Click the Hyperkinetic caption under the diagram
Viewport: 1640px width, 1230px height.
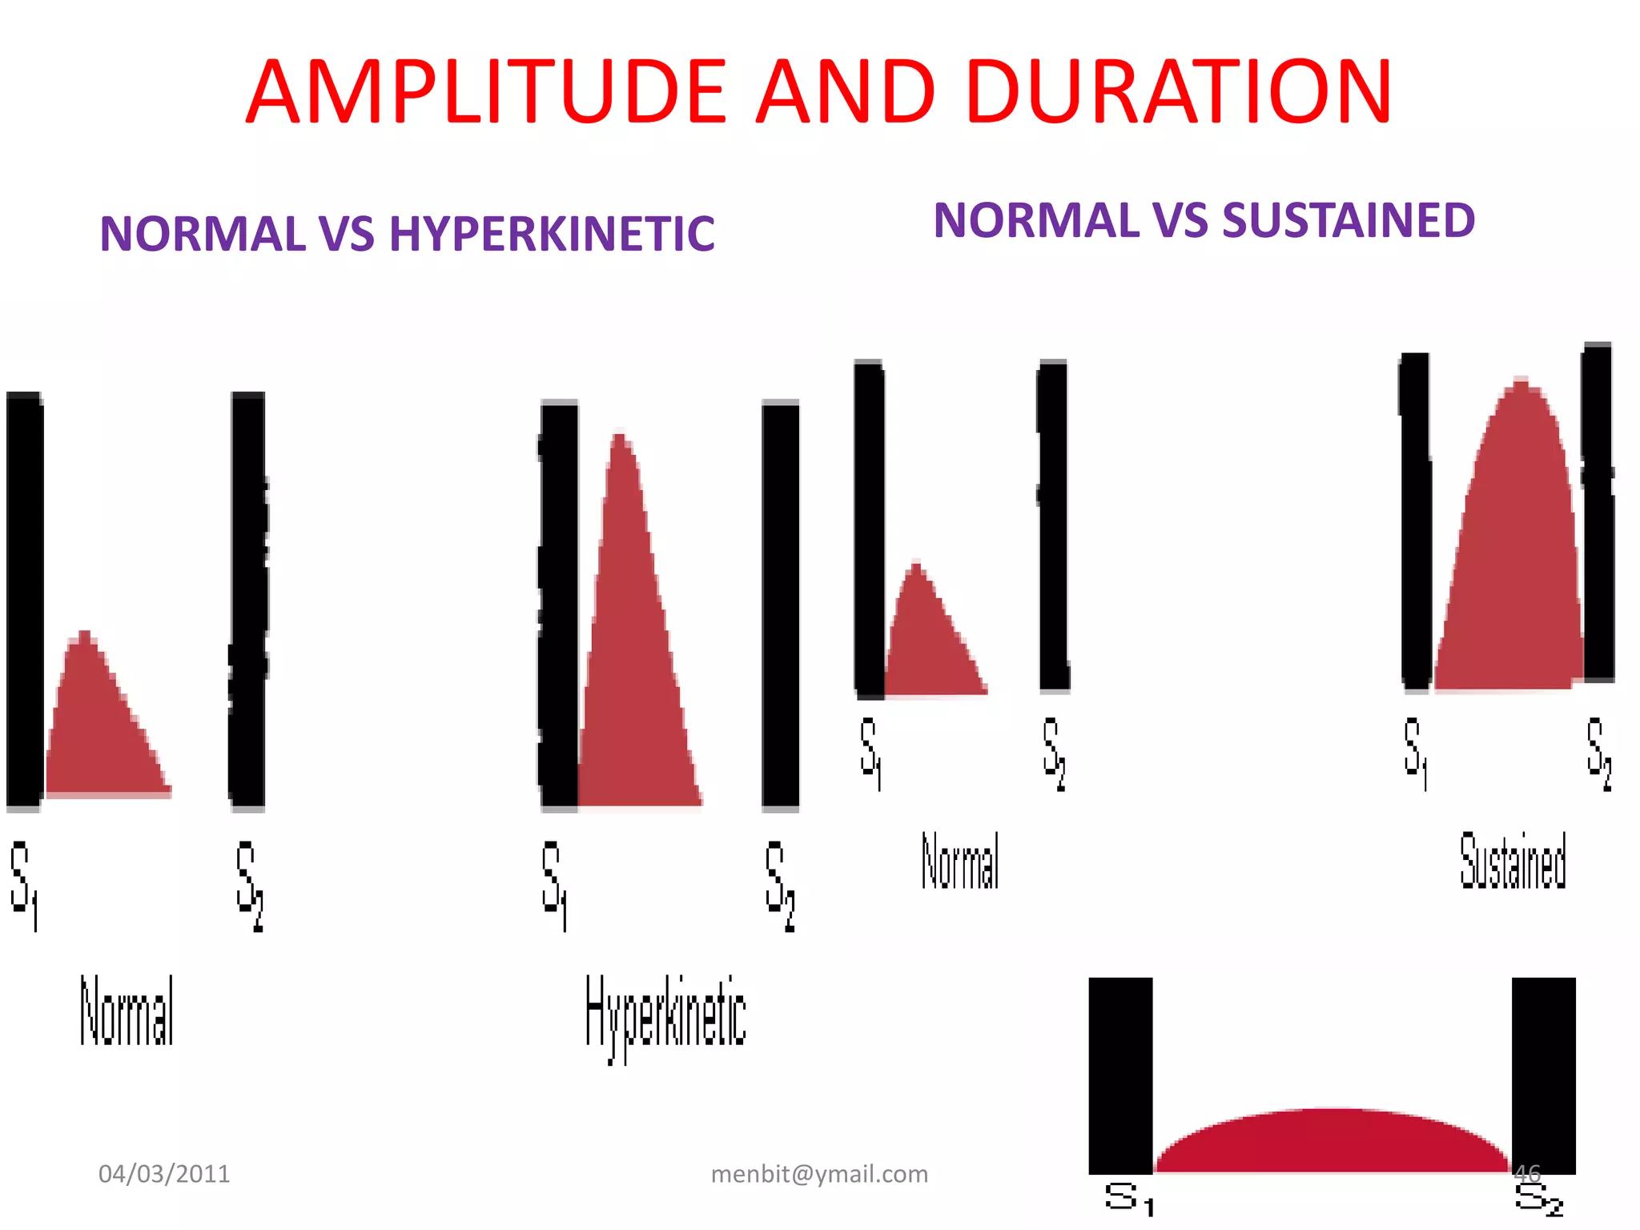665,1013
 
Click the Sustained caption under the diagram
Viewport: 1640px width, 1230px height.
1513,861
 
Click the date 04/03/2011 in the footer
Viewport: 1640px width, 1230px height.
164,1174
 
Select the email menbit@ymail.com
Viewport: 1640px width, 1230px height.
819,1174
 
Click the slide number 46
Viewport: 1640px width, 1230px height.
1527,1174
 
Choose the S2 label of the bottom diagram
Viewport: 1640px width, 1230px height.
1538,1200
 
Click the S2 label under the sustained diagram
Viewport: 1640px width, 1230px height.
1598,753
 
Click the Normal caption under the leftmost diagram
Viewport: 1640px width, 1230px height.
127,1011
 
